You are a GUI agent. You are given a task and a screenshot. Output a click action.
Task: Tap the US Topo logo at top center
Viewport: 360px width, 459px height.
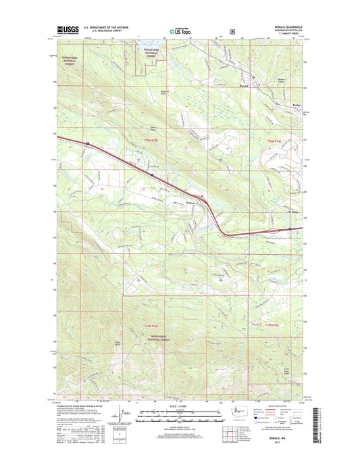180,30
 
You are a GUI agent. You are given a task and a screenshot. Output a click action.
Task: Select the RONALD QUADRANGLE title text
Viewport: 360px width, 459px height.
284,28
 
